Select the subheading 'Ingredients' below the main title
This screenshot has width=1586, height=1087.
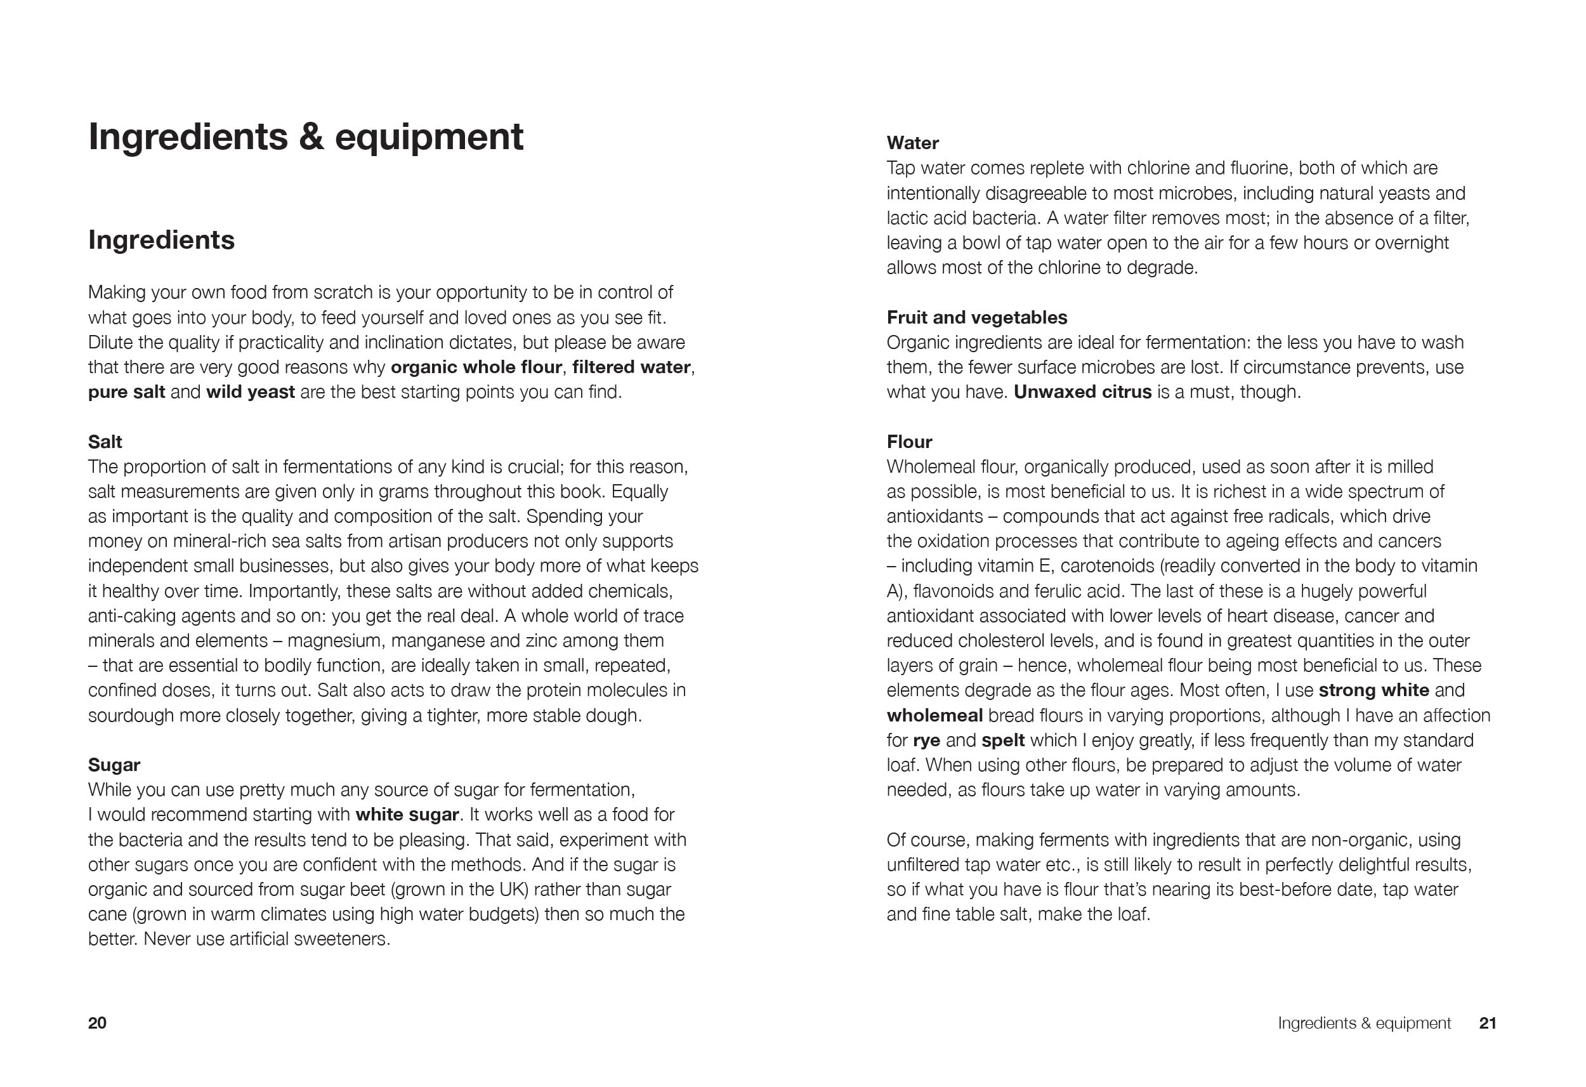(x=161, y=240)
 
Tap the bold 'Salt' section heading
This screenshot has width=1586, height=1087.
(x=105, y=442)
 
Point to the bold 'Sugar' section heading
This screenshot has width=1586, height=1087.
(x=114, y=765)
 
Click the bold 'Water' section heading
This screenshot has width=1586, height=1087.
(x=912, y=143)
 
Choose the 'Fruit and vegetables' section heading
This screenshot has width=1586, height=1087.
(x=976, y=317)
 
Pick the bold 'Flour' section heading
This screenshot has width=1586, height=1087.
(x=909, y=442)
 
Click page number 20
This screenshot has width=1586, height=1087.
(x=98, y=1023)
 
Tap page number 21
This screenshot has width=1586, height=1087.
(x=1488, y=1023)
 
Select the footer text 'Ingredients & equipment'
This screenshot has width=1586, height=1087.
(x=1363, y=1023)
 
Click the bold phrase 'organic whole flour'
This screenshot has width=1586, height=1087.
(x=476, y=367)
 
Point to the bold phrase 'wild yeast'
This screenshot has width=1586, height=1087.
(x=251, y=392)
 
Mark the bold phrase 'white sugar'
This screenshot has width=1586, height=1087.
(x=407, y=815)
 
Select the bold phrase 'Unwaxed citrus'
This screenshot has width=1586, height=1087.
(x=1082, y=392)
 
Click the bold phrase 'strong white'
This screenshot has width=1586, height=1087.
(x=1373, y=690)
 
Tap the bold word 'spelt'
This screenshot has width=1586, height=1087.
(x=1003, y=740)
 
